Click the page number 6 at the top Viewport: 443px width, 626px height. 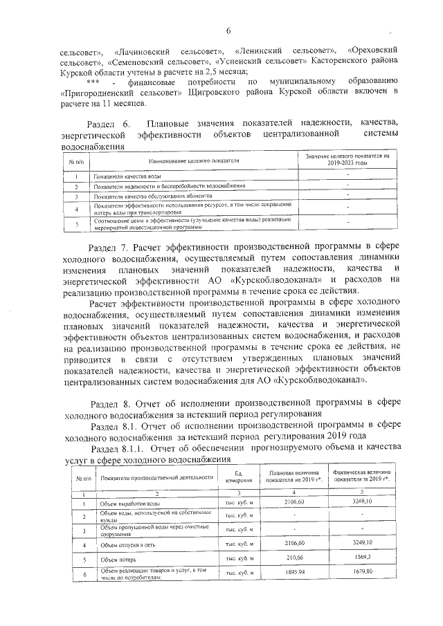click(x=226, y=29)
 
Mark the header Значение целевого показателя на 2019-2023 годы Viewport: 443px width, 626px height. click(x=348, y=160)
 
